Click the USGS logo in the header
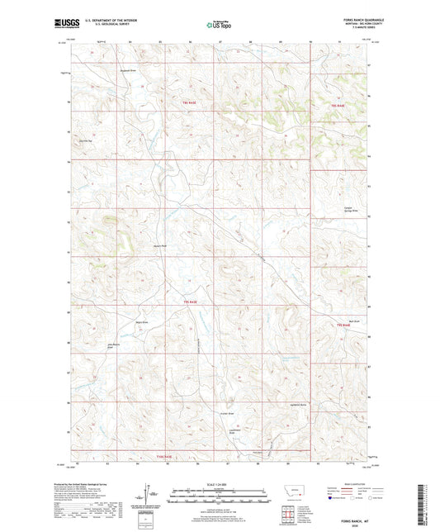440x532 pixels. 61,24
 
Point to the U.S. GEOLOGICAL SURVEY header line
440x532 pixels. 102,25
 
